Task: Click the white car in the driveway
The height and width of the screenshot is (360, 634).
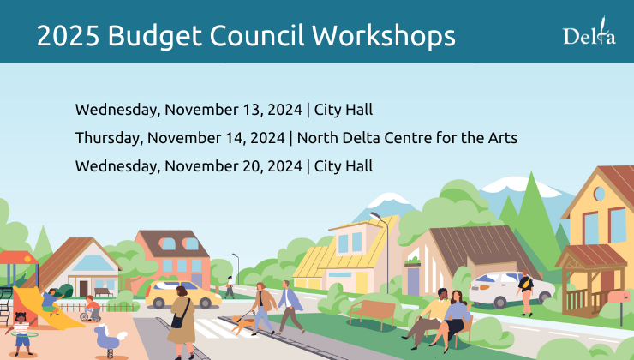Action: pyautogui.click(x=505, y=288)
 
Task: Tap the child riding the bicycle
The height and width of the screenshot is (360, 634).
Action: pyautogui.click(x=91, y=308)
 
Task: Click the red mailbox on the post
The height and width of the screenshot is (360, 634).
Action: pyautogui.click(x=619, y=297)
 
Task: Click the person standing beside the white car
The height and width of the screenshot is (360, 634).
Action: pyautogui.click(x=525, y=292)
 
